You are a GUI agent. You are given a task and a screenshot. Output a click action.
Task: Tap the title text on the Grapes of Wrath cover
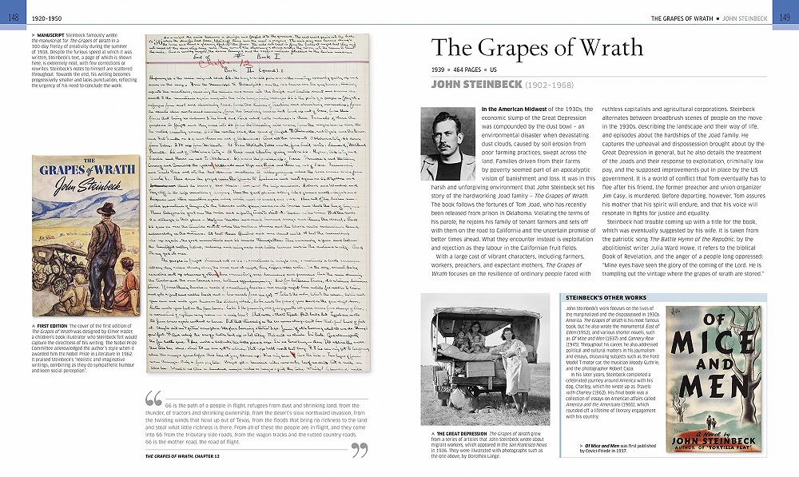click(80, 172)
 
